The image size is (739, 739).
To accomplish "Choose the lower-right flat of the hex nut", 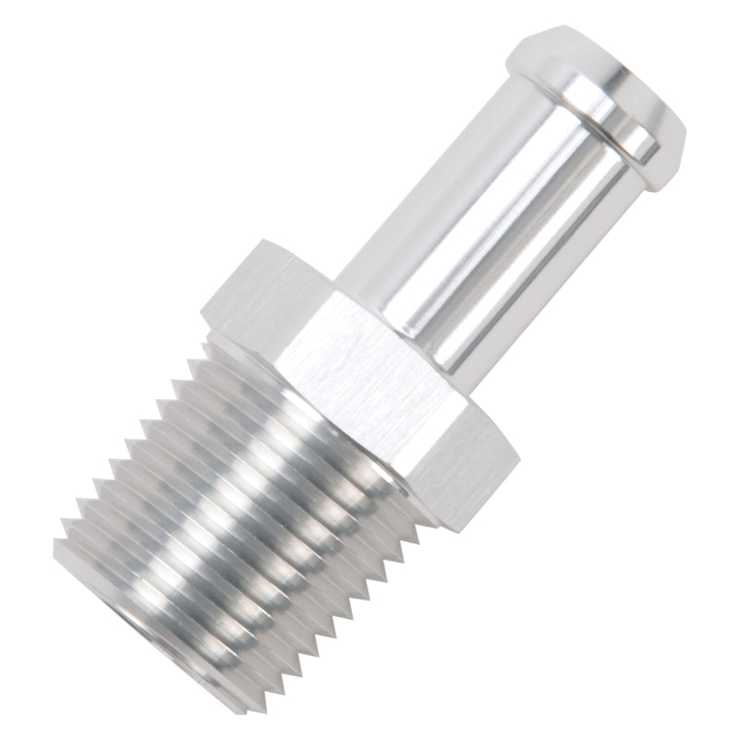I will (462, 462).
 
